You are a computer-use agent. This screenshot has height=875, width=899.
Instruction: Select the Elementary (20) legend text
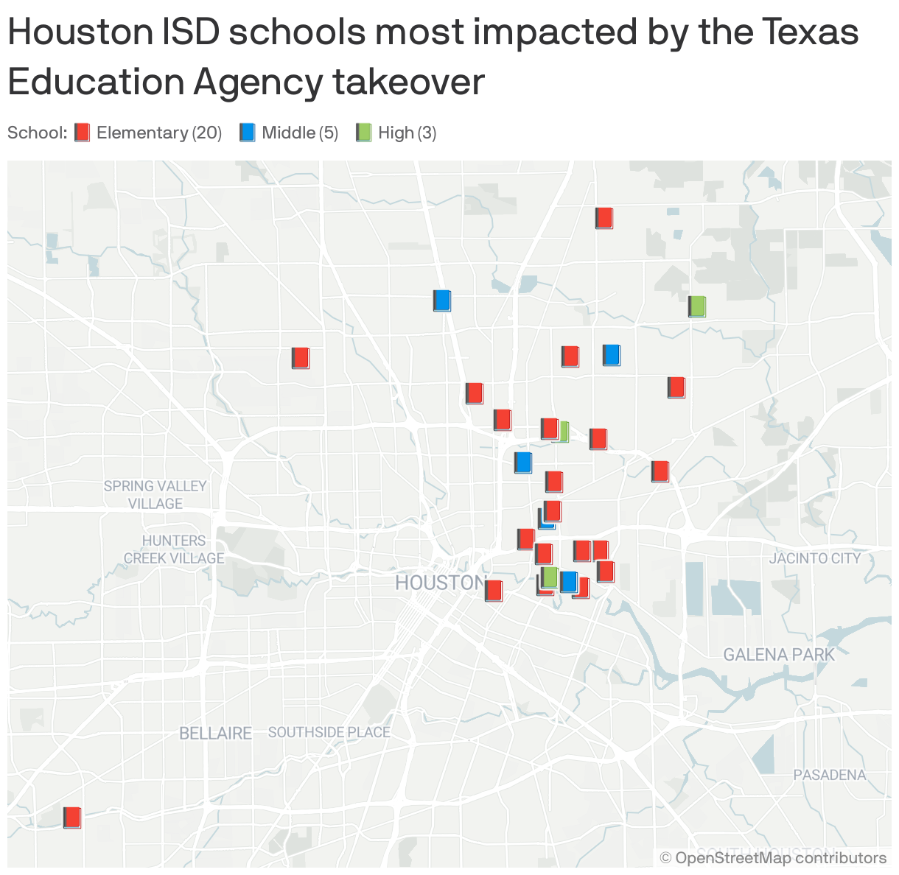[x=159, y=133]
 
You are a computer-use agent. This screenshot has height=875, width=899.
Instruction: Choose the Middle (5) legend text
[x=300, y=133]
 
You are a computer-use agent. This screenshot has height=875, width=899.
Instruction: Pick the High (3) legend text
[x=407, y=133]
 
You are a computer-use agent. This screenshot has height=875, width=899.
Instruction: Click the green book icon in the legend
[x=364, y=133]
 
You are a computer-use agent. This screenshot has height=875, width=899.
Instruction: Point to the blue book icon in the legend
[x=248, y=133]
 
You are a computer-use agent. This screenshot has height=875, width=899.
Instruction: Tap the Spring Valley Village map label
[x=155, y=495]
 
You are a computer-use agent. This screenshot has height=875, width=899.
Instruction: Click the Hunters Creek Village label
[x=174, y=549]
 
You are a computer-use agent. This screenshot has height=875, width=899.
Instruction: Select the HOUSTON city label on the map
[x=439, y=583]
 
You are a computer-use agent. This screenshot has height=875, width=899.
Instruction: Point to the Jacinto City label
[x=814, y=558]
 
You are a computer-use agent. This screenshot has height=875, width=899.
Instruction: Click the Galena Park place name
[x=779, y=654]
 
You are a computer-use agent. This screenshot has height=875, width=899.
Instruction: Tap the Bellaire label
[x=215, y=733]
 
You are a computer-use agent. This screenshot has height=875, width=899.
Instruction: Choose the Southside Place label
[x=329, y=732]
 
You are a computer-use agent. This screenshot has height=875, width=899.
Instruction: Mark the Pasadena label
[x=829, y=775]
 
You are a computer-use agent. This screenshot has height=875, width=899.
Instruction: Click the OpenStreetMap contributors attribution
[x=773, y=857]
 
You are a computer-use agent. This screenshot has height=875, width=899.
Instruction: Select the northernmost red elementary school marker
[x=604, y=218]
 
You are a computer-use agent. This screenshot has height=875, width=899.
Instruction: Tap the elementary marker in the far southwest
[x=71, y=818]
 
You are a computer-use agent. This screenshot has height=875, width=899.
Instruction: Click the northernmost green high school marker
[x=696, y=306]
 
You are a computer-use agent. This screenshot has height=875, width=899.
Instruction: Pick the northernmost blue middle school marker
[x=442, y=301]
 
